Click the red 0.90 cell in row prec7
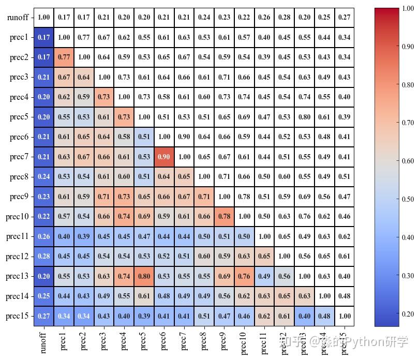[164, 157]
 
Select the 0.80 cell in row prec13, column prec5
[144, 276]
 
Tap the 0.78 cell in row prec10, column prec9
[224, 217]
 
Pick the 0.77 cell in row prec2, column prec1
[64, 57]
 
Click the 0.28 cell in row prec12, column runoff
[44, 257]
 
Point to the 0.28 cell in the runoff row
[284, 18]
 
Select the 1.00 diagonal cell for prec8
[204, 177]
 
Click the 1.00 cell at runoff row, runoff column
[44, 18]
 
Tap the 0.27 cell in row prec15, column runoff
[44, 316]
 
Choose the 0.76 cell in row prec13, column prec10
[244, 276]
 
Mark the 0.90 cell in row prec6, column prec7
[184, 137]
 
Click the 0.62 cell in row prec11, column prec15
[344, 236]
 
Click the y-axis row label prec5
[19, 117]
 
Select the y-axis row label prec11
[17, 236]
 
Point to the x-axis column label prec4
[124, 342]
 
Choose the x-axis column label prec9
[224, 342]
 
